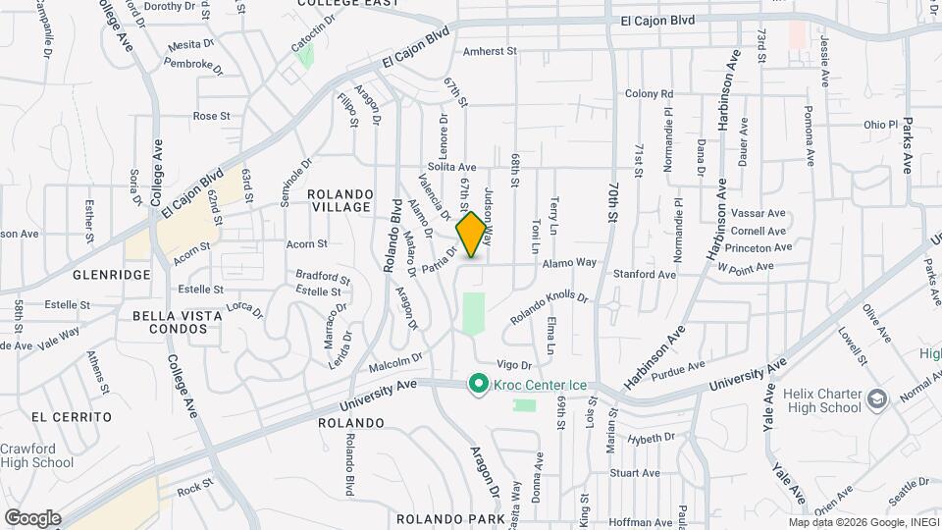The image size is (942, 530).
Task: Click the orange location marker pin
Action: (472, 234)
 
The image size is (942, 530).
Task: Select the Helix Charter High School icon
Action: (876, 399)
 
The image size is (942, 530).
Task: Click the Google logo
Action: (32, 517)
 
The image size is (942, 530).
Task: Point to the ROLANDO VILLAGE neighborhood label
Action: (340, 200)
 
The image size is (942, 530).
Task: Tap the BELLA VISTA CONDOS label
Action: (172, 322)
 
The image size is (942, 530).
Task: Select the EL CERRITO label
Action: (72, 417)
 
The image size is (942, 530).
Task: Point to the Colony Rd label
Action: (650, 94)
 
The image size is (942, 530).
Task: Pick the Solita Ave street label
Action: (450, 168)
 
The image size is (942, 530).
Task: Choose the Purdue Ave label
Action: (678, 368)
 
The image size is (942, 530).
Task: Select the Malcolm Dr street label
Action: (395, 363)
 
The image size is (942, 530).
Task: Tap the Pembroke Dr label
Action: (188, 65)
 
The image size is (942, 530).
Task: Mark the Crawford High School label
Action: (36, 455)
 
